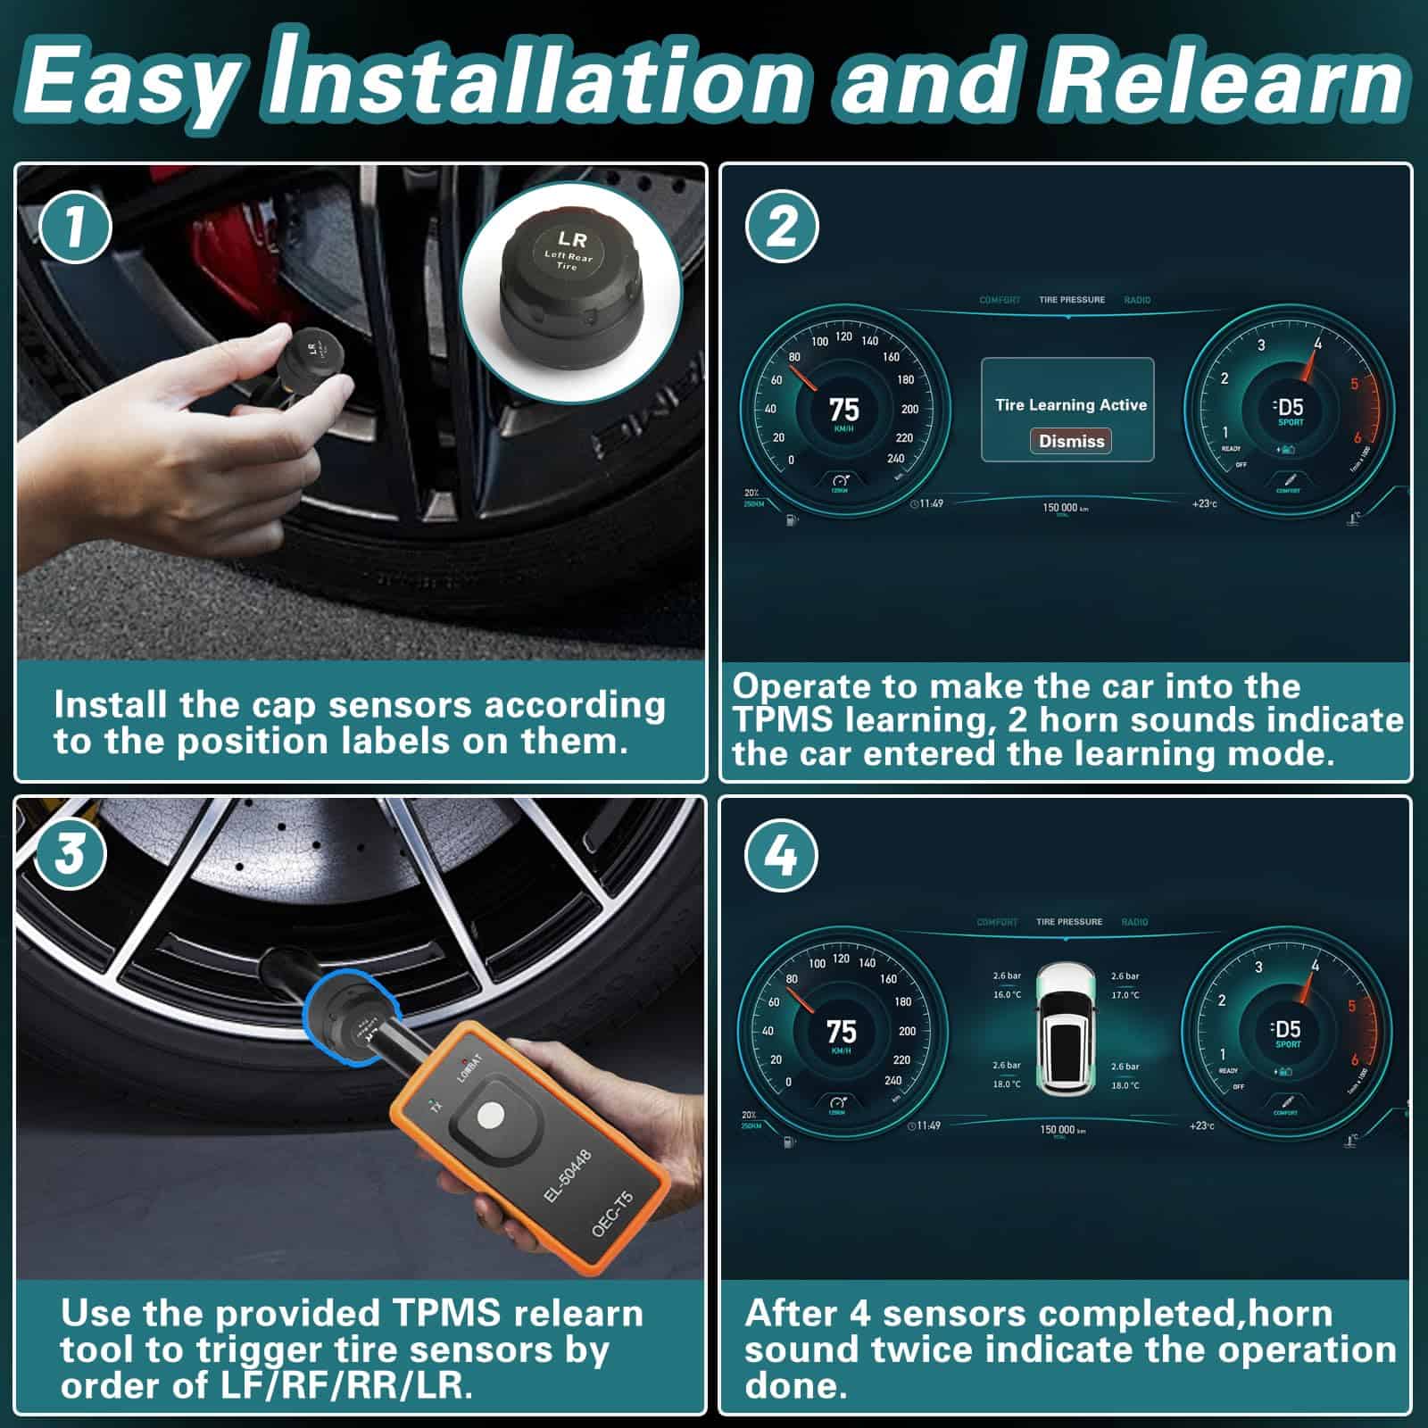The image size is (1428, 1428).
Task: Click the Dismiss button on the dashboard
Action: click(x=1071, y=441)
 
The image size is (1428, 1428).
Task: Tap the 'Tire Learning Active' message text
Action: click(x=1071, y=405)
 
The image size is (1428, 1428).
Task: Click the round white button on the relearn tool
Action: click(x=490, y=1115)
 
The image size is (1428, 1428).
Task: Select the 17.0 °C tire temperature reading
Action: click(x=1125, y=994)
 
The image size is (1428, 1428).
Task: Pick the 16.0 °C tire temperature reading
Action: click(x=1007, y=994)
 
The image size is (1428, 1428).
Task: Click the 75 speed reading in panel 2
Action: click(x=843, y=410)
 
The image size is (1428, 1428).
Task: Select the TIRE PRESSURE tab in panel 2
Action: click(x=1071, y=300)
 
